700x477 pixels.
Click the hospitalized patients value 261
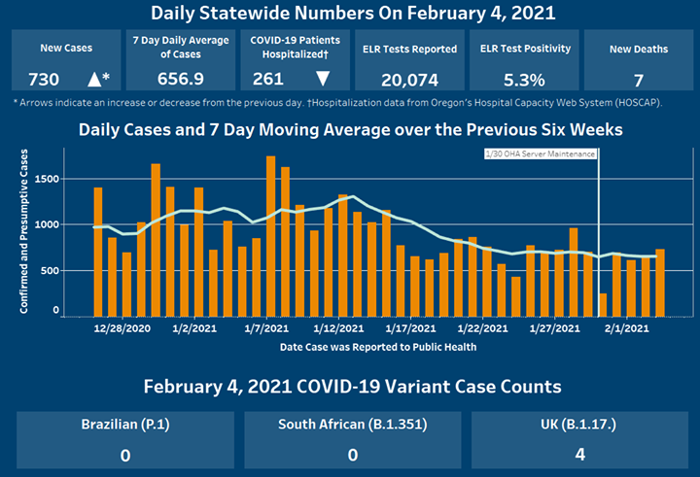pos(267,80)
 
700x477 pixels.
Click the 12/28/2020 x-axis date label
pos(122,329)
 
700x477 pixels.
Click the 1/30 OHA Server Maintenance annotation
pos(540,153)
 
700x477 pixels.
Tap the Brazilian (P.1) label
pos(122,425)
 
